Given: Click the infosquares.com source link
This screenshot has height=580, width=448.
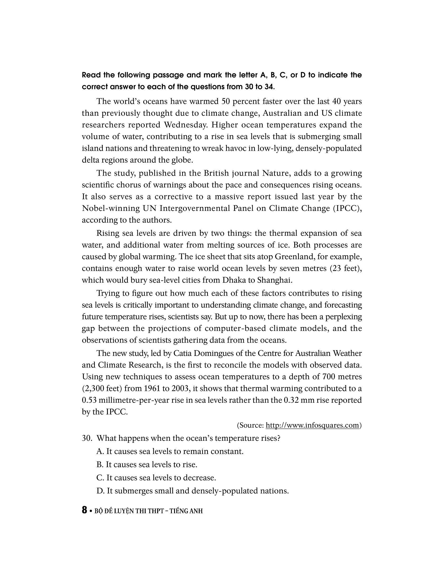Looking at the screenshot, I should [312, 425].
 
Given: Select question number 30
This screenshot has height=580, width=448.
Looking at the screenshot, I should [87, 438].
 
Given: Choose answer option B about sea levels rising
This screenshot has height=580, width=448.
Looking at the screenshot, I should [147, 465].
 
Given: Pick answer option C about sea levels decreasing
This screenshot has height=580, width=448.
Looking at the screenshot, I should [156, 478].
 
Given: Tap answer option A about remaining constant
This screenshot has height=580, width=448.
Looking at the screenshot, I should [170, 451].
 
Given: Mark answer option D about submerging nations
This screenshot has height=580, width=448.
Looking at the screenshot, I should [192, 491].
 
